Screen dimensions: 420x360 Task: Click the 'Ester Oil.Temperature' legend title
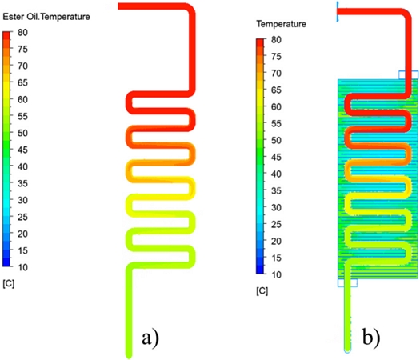[x=46, y=17]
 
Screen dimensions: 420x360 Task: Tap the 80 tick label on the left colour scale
[x=22, y=33]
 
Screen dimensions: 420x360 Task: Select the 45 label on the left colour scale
[x=22, y=150]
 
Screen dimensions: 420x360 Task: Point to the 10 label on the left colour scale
[x=22, y=267]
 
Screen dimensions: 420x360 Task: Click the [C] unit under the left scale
[x=9, y=283]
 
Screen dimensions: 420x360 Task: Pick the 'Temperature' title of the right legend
[x=282, y=24]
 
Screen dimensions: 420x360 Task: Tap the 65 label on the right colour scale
[x=276, y=90]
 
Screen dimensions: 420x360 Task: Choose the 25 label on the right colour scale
[x=276, y=224]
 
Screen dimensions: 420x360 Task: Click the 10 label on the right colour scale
[x=276, y=274]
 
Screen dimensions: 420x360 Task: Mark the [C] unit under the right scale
[x=262, y=291]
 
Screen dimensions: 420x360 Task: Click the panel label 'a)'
[x=150, y=338]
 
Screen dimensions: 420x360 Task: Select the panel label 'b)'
[x=371, y=337]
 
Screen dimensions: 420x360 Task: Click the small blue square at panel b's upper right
[x=409, y=74]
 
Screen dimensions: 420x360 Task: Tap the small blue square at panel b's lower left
[x=347, y=283]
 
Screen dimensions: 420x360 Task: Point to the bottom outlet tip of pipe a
[x=129, y=357]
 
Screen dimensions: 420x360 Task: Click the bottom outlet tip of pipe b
[x=348, y=350]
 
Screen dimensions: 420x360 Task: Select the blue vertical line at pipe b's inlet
[x=338, y=11]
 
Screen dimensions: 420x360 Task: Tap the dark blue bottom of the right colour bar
[x=260, y=270]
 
